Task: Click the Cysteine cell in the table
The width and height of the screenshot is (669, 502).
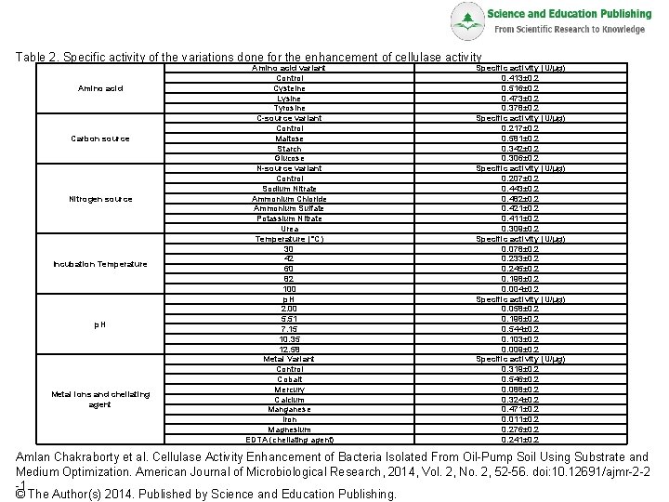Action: click(289, 88)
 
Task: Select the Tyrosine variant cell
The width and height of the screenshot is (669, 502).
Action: click(289, 108)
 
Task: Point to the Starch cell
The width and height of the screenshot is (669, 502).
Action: click(289, 148)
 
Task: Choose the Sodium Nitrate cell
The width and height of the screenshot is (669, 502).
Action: click(289, 189)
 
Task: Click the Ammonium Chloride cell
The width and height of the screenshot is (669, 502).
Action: click(289, 198)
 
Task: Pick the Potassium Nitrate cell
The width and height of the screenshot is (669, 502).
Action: click(289, 218)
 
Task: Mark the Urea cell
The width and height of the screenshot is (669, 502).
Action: click(289, 228)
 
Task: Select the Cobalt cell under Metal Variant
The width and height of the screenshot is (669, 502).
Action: click(289, 379)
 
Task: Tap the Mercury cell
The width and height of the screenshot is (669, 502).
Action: click(289, 390)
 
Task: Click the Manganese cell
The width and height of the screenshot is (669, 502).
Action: click(289, 409)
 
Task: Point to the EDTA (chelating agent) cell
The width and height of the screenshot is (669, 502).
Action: click(289, 440)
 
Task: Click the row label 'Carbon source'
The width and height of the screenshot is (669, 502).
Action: click(99, 139)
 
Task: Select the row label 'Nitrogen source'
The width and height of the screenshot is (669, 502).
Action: click(99, 198)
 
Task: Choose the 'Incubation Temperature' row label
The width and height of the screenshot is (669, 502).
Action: click(99, 264)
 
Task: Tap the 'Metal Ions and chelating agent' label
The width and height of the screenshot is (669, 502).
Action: click(99, 400)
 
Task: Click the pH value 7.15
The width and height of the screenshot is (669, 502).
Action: click(289, 329)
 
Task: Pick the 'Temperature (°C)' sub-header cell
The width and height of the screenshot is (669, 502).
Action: click(289, 239)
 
